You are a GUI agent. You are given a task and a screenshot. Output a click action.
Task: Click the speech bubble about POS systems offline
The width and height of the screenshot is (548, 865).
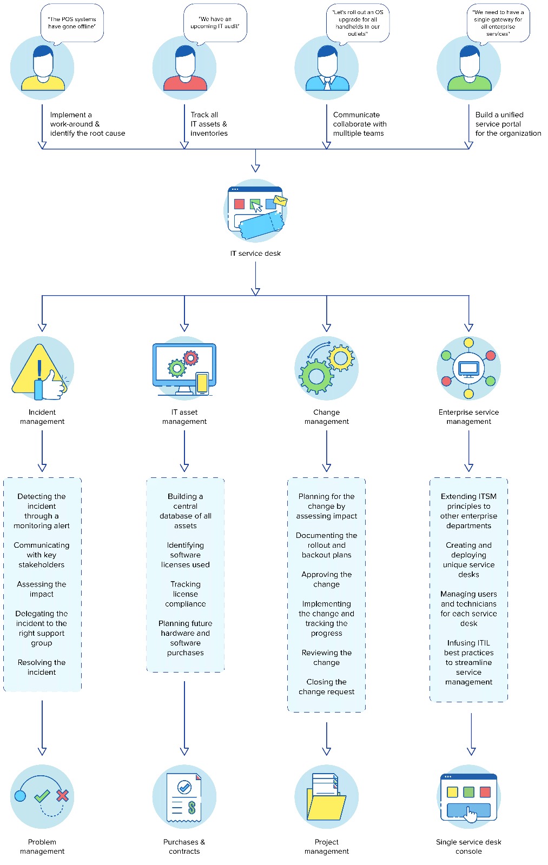[x=72, y=23]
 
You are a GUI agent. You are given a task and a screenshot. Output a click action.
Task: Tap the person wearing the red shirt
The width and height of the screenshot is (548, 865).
[x=185, y=69]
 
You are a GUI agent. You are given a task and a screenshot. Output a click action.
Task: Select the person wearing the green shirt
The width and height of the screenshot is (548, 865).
[x=469, y=69]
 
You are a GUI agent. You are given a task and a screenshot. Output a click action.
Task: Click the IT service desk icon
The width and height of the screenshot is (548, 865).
[x=256, y=211]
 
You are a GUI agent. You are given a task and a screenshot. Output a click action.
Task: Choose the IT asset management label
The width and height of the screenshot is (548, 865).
[x=184, y=417]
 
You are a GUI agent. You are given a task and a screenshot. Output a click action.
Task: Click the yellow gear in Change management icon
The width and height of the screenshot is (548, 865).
[x=341, y=357]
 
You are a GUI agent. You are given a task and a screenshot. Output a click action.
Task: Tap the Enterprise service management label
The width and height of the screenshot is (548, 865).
[x=468, y=417]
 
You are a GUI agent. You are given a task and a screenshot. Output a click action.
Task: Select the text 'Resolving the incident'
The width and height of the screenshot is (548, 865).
[x=42, y=667]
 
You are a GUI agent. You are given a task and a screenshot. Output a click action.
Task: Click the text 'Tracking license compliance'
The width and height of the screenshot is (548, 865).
[x=186, y=594]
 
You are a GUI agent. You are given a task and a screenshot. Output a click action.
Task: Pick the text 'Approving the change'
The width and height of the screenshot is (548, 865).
[x=327, y=579]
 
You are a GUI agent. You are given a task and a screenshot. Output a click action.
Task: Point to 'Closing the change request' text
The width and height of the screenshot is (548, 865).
[x=327, y=687]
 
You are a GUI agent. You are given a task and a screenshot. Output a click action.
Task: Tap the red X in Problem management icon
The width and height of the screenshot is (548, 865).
[x=62, y=795]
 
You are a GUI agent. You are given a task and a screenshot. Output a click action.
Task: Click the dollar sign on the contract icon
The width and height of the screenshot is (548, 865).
[x=192, y=808]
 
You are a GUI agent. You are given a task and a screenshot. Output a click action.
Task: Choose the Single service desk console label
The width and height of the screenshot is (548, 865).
[x=468, y=847]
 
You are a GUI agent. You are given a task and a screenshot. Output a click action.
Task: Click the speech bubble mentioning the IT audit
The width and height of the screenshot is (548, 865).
[x=215, y=23]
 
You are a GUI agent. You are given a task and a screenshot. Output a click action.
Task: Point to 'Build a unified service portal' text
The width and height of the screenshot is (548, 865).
[x=507, y=124]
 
